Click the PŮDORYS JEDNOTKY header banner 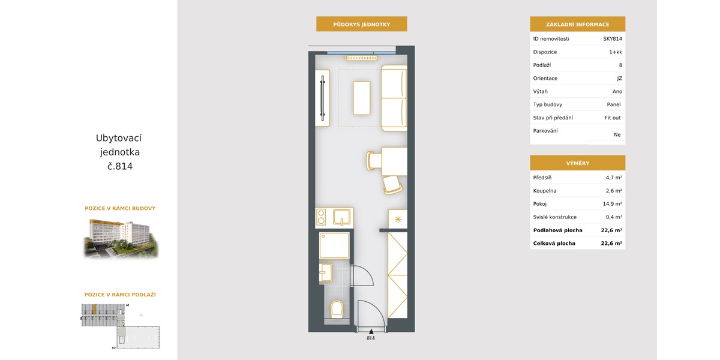click(x=362, y=24)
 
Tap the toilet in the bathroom click(x=337, y=309)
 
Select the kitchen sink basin click(x=341, y=217)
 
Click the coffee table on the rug click(x=362, y=98)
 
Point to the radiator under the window click(x=361, y=58)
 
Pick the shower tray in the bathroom click(x=334, y=245)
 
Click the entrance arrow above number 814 click(x=371, y=331)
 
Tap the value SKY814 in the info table click(x=613, y=39)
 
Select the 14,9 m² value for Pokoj click(x=612, y=204)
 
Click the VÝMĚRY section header click(x=578, y=163)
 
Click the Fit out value click(x=613, y=118)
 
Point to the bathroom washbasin click(x=326, y=272)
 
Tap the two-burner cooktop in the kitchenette click(x=321, y=217)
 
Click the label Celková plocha click(x=554, y=244)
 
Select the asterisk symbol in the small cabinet click(x=398, y=220)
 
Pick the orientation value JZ click(x=619, y=79)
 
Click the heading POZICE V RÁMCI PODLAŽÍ click(x=120, y=295)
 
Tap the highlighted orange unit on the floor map click(x=95, y=309)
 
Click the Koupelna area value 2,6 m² click(x=614, y=191)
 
